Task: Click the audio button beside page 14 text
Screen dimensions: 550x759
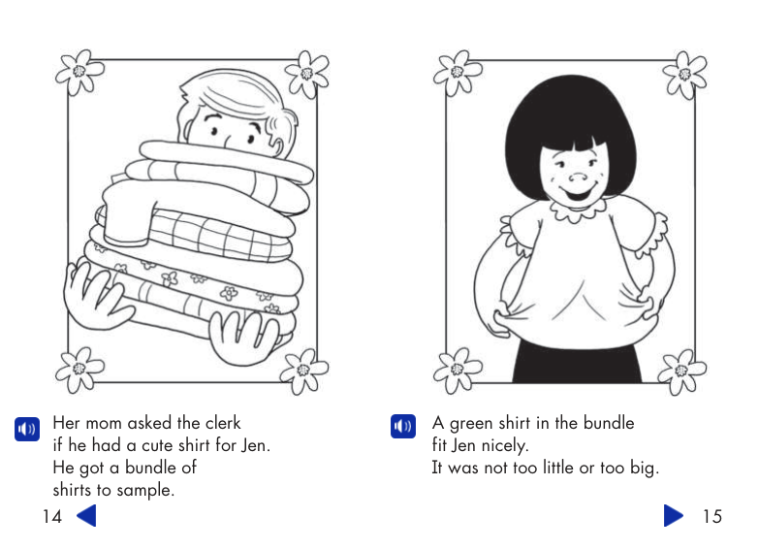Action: (x=27, y=428)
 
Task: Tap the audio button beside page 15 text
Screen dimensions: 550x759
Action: (x=402, y=427)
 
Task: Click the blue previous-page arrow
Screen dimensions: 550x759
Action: (x=86, y=515)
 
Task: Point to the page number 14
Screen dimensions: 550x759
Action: (x=52, y=516)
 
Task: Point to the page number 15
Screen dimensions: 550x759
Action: (x=712, y=516)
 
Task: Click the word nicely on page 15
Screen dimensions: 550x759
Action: (x=501, y=445)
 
